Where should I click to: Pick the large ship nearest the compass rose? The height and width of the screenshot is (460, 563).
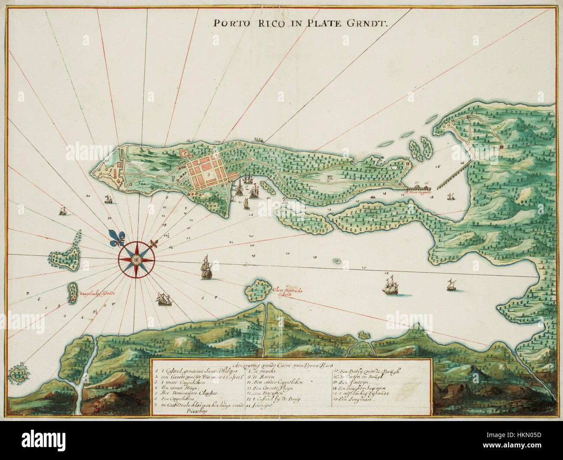click(204, 267)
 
